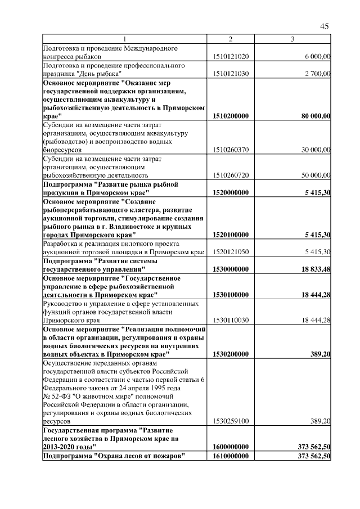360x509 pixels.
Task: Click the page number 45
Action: (x=325, y=26)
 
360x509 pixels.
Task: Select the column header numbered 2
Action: (x=231, y=39)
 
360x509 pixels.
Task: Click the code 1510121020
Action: (x=231, y=57)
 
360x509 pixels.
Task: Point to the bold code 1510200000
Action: (x=231, y=116)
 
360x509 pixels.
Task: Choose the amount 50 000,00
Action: (x=316, y=175)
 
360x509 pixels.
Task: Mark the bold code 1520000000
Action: (x=231, y=192)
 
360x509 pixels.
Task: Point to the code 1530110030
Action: (x=231, y=320)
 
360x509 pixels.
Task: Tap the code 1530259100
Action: (x=231, y=421)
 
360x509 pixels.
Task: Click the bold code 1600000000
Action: (x=231, y=446)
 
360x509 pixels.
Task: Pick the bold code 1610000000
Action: (x=231, y=455)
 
